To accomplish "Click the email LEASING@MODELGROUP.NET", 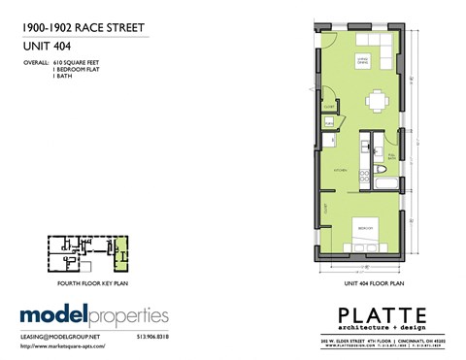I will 61,338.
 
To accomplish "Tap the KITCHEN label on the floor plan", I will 341,168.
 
